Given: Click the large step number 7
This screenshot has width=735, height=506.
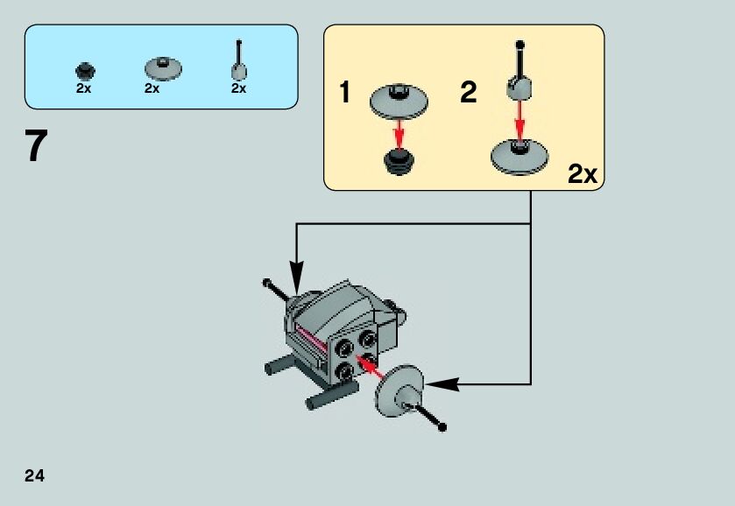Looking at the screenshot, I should coord(34,147).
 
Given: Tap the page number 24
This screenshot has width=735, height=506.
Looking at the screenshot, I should coord(34,476).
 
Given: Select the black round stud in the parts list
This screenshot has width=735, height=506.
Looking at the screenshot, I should coord(84,69).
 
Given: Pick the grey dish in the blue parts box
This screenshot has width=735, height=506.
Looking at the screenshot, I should coord(162,67).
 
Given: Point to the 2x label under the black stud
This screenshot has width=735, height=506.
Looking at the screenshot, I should coord(84,88).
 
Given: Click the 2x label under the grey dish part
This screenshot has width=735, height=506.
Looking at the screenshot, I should coord(152,88).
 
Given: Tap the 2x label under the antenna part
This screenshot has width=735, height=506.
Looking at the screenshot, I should coord(238,88).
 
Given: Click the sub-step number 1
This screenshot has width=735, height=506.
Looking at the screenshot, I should coord(345,93).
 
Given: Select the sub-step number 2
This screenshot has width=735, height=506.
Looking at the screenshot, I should coord(469,93).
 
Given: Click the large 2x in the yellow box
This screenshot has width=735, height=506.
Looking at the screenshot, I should coord(582,174).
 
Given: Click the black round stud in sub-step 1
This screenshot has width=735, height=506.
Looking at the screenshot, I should coord(399,160).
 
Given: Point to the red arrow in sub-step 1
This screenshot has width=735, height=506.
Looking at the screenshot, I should coord(399,133).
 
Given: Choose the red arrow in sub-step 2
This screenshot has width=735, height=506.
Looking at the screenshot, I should coord(519,119).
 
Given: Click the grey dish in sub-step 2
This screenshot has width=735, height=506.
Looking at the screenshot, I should coord(519,155).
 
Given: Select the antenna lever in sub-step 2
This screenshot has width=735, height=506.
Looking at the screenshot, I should coord(519,74).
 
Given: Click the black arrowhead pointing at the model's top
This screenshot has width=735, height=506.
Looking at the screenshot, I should coord(296,282).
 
